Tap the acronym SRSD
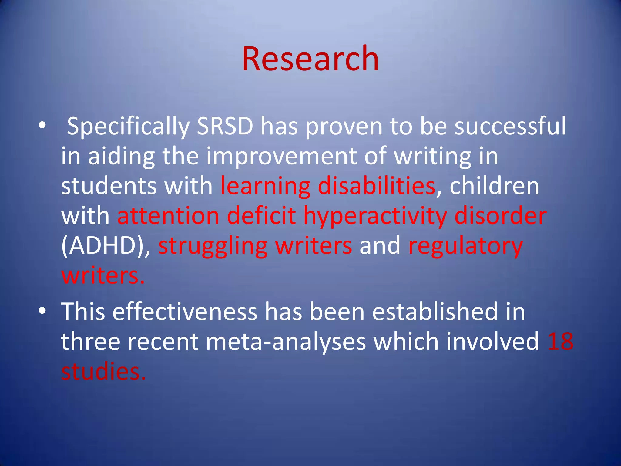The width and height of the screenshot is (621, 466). (x=225, y=126)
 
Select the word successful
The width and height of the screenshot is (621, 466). (x=510, y=126)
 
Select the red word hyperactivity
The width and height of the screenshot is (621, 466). (x=375, y=216)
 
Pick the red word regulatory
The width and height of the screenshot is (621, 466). (x=465, y=246)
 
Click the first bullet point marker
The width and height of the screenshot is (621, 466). (x=42, y=125)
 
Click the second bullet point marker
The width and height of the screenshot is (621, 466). (x=42, y=311)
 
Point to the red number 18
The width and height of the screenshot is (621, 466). (x=560, y=342)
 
